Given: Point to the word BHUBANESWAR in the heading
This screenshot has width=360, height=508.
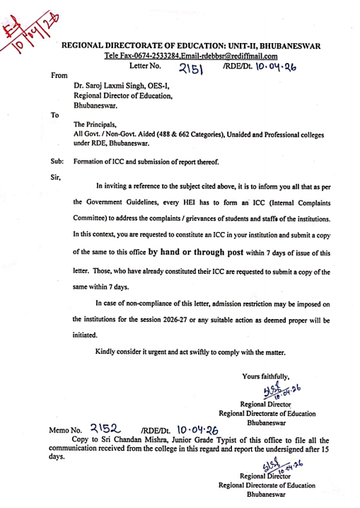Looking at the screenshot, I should (285, 46).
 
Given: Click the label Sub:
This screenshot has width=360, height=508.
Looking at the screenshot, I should (57, 161).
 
